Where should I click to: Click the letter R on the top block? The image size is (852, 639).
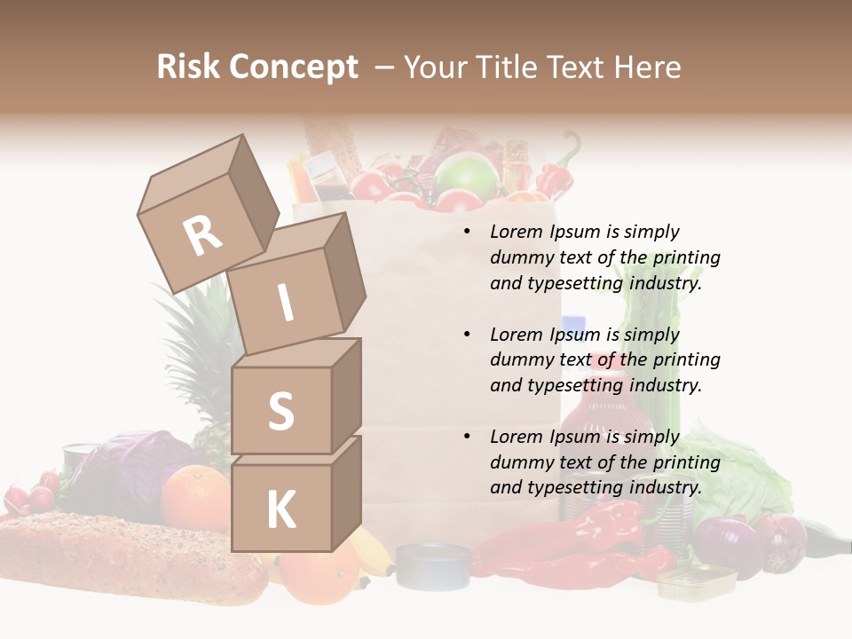pos(203,235)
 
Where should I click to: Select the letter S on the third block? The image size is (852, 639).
pos(280,411)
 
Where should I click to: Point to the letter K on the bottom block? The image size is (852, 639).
pos(280,510)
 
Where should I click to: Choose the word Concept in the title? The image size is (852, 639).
pos(294,67)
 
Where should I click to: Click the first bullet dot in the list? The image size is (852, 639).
pos(467,233)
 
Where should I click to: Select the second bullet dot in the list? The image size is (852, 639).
pos(467,335)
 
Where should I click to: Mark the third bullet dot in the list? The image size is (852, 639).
pos(467,438)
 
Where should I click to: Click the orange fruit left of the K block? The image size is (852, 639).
pos(195,497)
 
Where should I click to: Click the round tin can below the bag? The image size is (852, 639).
pos(433,565)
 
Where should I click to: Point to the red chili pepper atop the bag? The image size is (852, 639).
pos(556,173)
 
